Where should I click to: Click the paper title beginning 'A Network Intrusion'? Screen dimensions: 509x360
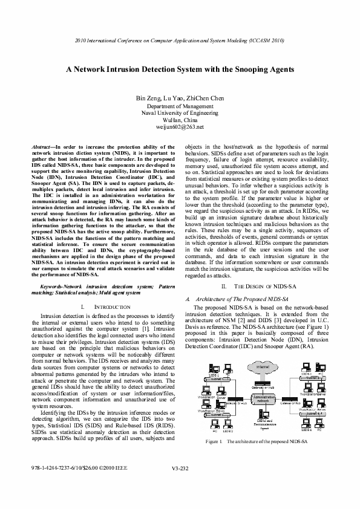click(180, 70)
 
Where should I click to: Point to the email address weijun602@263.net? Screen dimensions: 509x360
click(180, 128)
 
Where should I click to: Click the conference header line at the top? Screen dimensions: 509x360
click(180, 41)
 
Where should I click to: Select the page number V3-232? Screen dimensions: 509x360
click(180, 485)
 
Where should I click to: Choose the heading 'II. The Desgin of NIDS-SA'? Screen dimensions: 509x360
click(259, 285)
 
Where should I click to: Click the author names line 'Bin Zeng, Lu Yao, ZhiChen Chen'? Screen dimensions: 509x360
click(180, 98)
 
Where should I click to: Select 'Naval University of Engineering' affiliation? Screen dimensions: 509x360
click(180, 113)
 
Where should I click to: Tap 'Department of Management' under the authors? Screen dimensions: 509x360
click(180, 106)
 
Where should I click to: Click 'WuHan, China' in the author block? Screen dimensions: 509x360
click(180, 120)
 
